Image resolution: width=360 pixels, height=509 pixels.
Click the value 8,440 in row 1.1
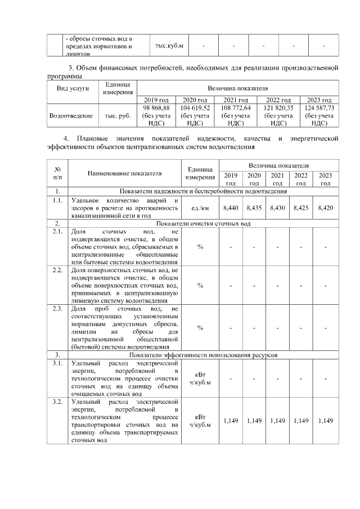[x=231, y=208]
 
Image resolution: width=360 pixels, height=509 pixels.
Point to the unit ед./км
[x=201, y=208]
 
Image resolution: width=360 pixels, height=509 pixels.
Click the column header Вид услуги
[x=73, y=88]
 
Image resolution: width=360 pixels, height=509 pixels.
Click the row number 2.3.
[x=57, y=309]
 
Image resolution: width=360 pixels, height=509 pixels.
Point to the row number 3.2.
[x=57, y=402]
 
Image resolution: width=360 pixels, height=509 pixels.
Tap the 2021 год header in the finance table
[x=236, y=100]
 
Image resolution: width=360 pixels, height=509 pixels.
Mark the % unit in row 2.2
[x=201, y=285]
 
